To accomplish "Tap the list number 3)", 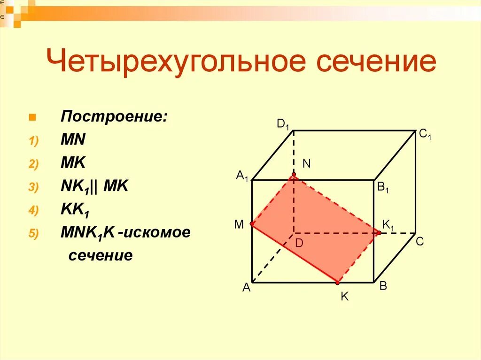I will pos(34,187).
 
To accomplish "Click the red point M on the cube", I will pos(252,224).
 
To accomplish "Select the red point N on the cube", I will pos(294,175).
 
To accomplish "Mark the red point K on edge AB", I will pos(338,283).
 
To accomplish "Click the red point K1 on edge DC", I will pos(379,232).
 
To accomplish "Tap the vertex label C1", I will pos(425,135).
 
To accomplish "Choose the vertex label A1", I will pos(242,176).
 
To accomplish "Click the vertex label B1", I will pos(383,188).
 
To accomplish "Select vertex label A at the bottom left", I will pos(246,289).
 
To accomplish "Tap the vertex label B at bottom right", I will pos(383,286).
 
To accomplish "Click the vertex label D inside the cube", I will pos(299,243).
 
